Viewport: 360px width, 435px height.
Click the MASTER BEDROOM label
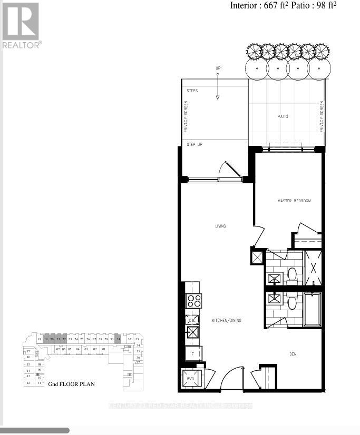[x=294, y=201]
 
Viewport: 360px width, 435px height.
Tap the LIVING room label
[x=220, y=226]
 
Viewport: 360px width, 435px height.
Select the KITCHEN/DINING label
[x=226, y=320]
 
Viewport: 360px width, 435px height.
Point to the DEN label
[x=293, y=354]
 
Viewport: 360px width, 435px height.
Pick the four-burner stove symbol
[x=193, y=301]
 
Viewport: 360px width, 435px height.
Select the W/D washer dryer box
[x=190, y=378]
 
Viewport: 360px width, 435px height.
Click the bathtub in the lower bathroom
[x=312, y=309]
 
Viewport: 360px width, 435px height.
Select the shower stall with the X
[x=313, y=268]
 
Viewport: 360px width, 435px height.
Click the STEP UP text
[x=194, y=144]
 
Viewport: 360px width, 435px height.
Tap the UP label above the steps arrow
[x=217, y=68]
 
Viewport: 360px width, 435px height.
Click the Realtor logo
[x=21, y=25]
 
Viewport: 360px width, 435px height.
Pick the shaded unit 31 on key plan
[x=119, y=340]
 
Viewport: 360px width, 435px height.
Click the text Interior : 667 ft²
[x=258, y=6]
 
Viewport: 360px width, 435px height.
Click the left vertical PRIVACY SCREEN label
[x=186, y=116]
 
